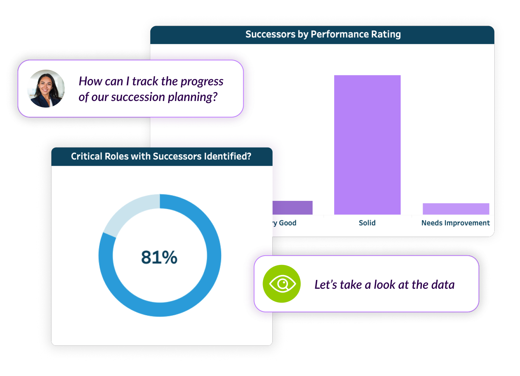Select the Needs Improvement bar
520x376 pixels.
click(x=455, y=209)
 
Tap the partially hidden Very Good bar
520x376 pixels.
click(x=292, y=208)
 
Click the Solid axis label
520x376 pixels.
click(x=367, y=223)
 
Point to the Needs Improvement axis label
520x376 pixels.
click(x=455, y=223)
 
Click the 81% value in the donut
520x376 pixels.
click(x=159, y=257)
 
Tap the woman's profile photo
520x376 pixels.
click(x=46, y=89)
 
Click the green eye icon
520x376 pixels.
click(x=282, y=284)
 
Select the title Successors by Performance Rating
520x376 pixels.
click(x=323, y=34)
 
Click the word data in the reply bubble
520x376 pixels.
click(x=443, y=285)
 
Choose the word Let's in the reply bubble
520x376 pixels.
click(x=326, y=285)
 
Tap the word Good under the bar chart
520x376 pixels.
click(x=288, y=223)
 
